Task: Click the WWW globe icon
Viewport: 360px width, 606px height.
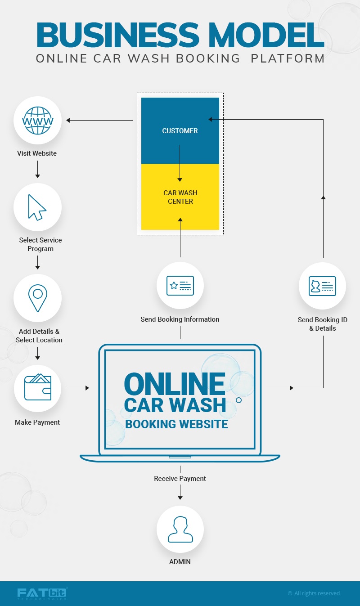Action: (38, 121)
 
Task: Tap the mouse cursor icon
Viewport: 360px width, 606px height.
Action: (36, 207)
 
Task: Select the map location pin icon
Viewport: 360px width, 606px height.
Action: (38, 298)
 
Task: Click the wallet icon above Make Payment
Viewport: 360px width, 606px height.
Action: (38, 387)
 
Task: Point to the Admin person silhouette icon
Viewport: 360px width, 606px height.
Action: (180, 529)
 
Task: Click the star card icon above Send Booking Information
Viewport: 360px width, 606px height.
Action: (180, 286)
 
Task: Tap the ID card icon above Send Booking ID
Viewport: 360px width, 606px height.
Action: (322, 286)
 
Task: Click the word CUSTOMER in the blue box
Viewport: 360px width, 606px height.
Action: (180, 130)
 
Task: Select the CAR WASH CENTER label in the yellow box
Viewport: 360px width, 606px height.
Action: (180, 197)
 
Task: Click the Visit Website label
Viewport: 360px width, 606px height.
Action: (37, 153)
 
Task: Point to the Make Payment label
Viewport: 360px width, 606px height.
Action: (37, 422)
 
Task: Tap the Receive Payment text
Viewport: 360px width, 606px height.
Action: (180, 479)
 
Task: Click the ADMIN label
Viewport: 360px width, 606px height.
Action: (180, 562)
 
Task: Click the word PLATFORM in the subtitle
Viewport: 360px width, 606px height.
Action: (288, 58)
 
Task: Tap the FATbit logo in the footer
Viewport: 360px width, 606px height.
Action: (42, 593)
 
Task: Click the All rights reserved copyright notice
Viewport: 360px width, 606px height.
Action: (314, 593)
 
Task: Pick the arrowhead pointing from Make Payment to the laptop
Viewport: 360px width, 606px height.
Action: (87, 388)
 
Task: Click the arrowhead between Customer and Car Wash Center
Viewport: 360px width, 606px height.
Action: (180, 180)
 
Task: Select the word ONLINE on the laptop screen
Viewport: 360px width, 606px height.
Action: (175, 384)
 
